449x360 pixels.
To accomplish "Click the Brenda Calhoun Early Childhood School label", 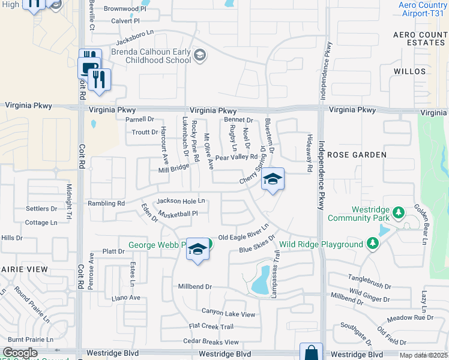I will [151, 56].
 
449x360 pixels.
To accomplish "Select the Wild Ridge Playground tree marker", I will [372, 244].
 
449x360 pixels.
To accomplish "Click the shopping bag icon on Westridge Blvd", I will [312, 352].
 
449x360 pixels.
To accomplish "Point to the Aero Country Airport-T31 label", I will [423, 9].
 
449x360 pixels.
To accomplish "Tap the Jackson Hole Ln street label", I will [181, 201].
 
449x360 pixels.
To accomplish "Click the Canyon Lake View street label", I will [228, 313].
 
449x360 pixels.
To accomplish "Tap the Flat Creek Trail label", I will [211, 326].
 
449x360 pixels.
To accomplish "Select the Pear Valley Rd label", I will [236, 157].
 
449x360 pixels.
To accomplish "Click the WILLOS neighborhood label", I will [410, 71].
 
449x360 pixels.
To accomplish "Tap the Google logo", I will [20, 353].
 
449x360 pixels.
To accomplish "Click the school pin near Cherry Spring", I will [273, 179].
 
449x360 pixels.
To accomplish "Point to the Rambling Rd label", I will [106, 203].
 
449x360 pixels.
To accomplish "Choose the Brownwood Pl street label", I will [125, 9].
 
